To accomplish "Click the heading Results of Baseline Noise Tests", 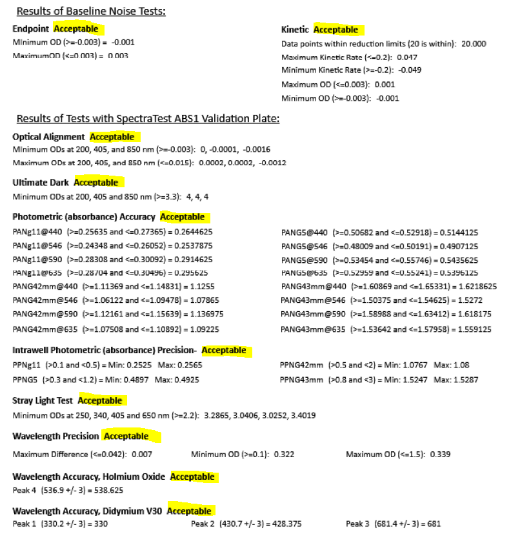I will point(91,11).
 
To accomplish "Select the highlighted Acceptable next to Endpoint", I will point(76,29).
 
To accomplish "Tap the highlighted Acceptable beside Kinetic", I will point(336,30).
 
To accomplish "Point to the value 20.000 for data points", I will point(474,44).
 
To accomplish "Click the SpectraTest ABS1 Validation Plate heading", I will point(148,119).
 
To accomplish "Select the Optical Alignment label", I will point(48,137).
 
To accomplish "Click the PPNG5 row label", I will point(25,380).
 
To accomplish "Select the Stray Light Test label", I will point(43,401).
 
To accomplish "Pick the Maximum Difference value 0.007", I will point(142,454).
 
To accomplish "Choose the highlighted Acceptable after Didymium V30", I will point(189,511).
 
